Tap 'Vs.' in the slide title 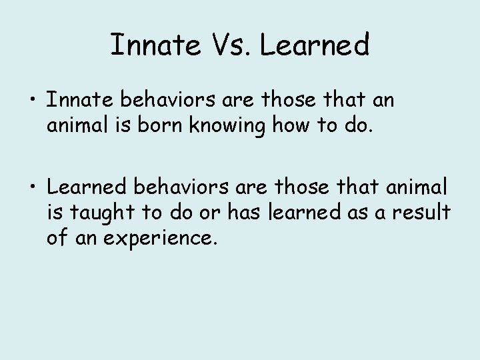pos(229,45)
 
